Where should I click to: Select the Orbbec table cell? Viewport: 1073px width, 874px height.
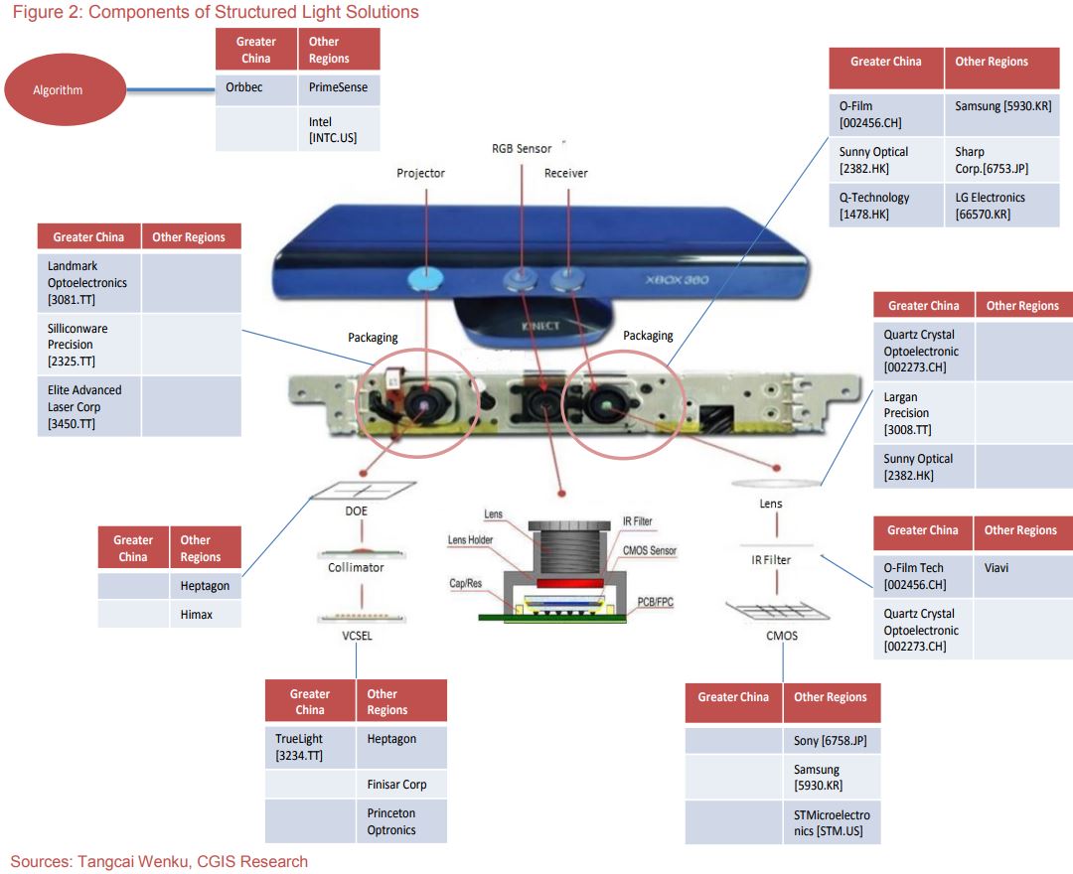tap(256, 87)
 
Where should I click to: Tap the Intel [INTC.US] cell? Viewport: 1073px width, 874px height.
tap(339, 130)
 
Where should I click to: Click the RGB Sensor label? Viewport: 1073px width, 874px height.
tap(522, 148)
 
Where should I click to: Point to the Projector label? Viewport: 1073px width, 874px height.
tap(420, 173)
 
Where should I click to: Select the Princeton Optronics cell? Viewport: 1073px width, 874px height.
tap(401, 821)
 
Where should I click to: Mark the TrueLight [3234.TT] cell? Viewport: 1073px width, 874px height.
tap(310, 747)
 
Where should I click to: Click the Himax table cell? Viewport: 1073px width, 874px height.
tap(205, 615)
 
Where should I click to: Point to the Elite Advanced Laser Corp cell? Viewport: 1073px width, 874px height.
tap(89, 406)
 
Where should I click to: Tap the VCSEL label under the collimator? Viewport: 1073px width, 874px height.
tap(356, 636)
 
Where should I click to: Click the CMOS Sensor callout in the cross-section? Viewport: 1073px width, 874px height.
tap(649, 550)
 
